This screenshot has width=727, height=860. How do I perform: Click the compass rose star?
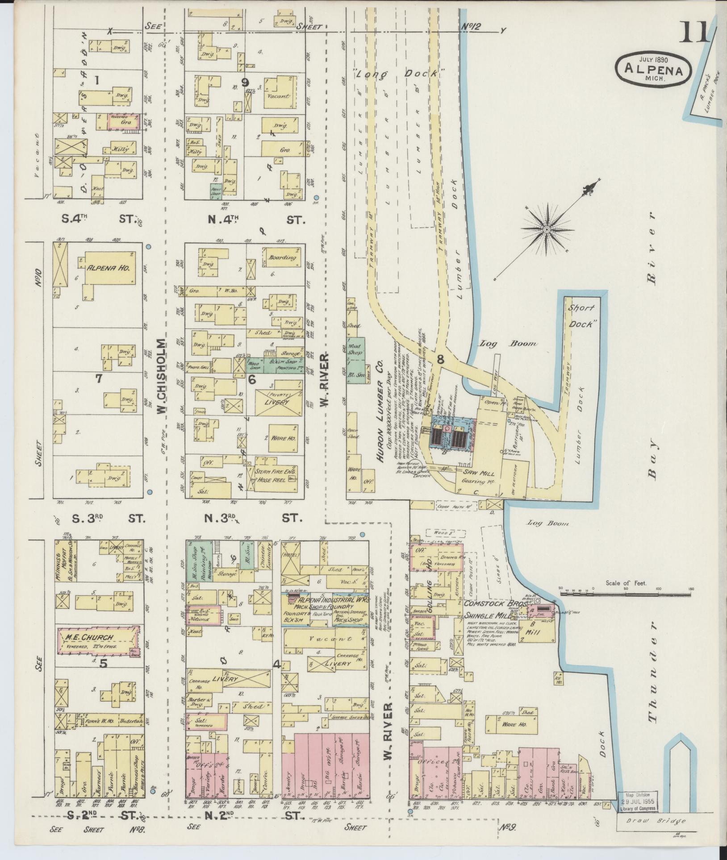coord(545,229)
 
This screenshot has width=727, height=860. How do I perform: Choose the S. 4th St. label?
coord(103,219)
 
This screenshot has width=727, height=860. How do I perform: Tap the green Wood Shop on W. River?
coord(356,349)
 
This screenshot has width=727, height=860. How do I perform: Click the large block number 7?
coord(99,379)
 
